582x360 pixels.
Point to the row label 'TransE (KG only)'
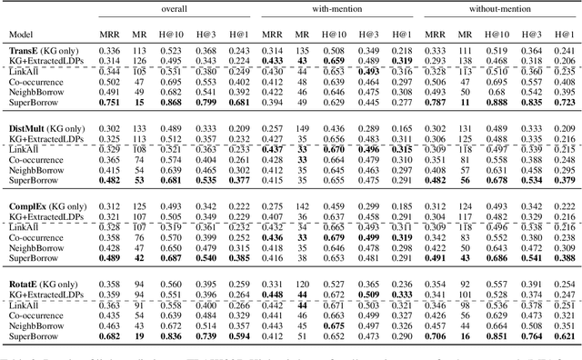coord(45,50)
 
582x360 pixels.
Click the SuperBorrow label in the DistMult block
coord(33,180)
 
